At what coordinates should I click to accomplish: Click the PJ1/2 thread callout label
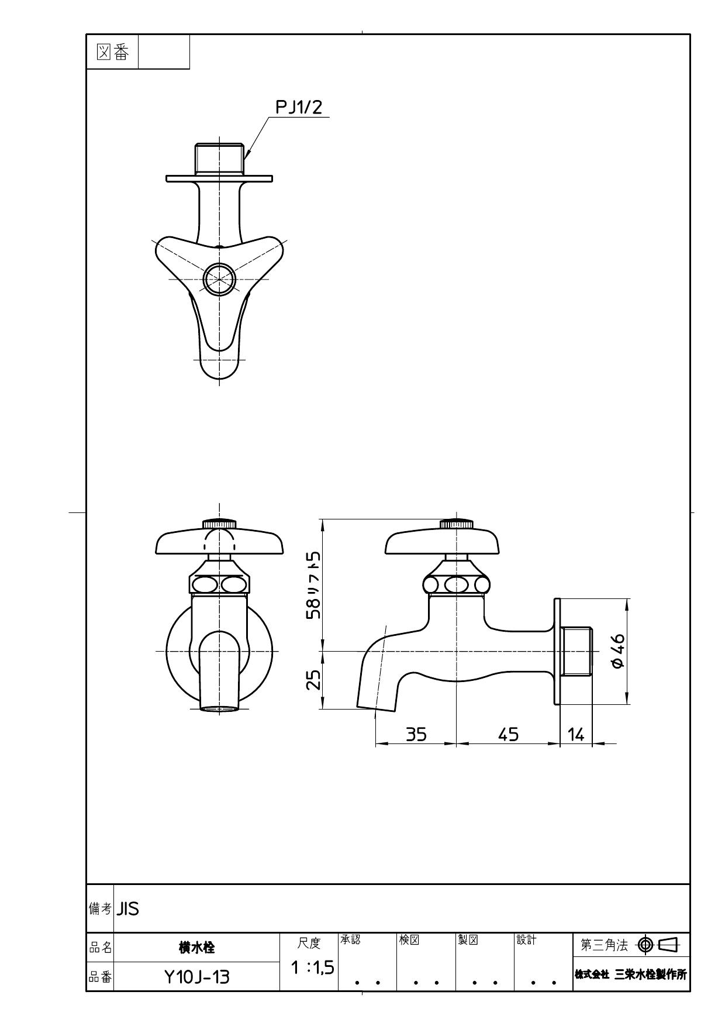click(299, 107)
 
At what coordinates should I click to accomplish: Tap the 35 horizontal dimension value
click(416, 734)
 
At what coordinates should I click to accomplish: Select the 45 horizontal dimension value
click(508, 734)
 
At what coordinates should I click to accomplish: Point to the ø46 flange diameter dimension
click(617, 650)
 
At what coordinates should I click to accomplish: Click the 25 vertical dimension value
click(314, 679)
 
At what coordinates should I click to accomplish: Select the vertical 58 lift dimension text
click(314, 585)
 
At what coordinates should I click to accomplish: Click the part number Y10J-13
click(196, 977)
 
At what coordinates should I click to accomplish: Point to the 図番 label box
click(112, 52)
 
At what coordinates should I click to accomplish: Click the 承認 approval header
click(351, 940)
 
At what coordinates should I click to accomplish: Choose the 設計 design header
click(526, 940)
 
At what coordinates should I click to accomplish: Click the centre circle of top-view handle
click(219, 279)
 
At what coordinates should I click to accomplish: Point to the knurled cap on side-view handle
click(456, 524)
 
